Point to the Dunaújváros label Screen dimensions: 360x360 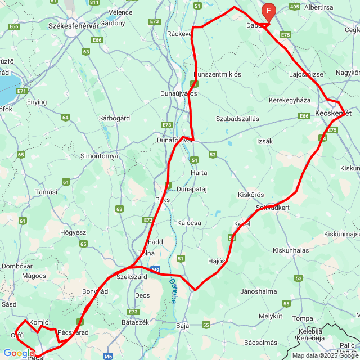178,93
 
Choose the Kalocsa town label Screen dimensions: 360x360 189,223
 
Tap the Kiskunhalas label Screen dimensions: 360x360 290,250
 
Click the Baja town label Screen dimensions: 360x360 182,326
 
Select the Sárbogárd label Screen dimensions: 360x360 114,119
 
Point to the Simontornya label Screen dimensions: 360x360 99,155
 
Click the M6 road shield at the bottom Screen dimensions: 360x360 109,355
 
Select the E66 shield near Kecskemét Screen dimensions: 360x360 304,116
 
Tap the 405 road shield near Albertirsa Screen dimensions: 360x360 294,7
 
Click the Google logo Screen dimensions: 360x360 19,353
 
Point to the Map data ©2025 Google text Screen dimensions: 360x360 325,355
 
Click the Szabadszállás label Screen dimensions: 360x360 237,119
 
